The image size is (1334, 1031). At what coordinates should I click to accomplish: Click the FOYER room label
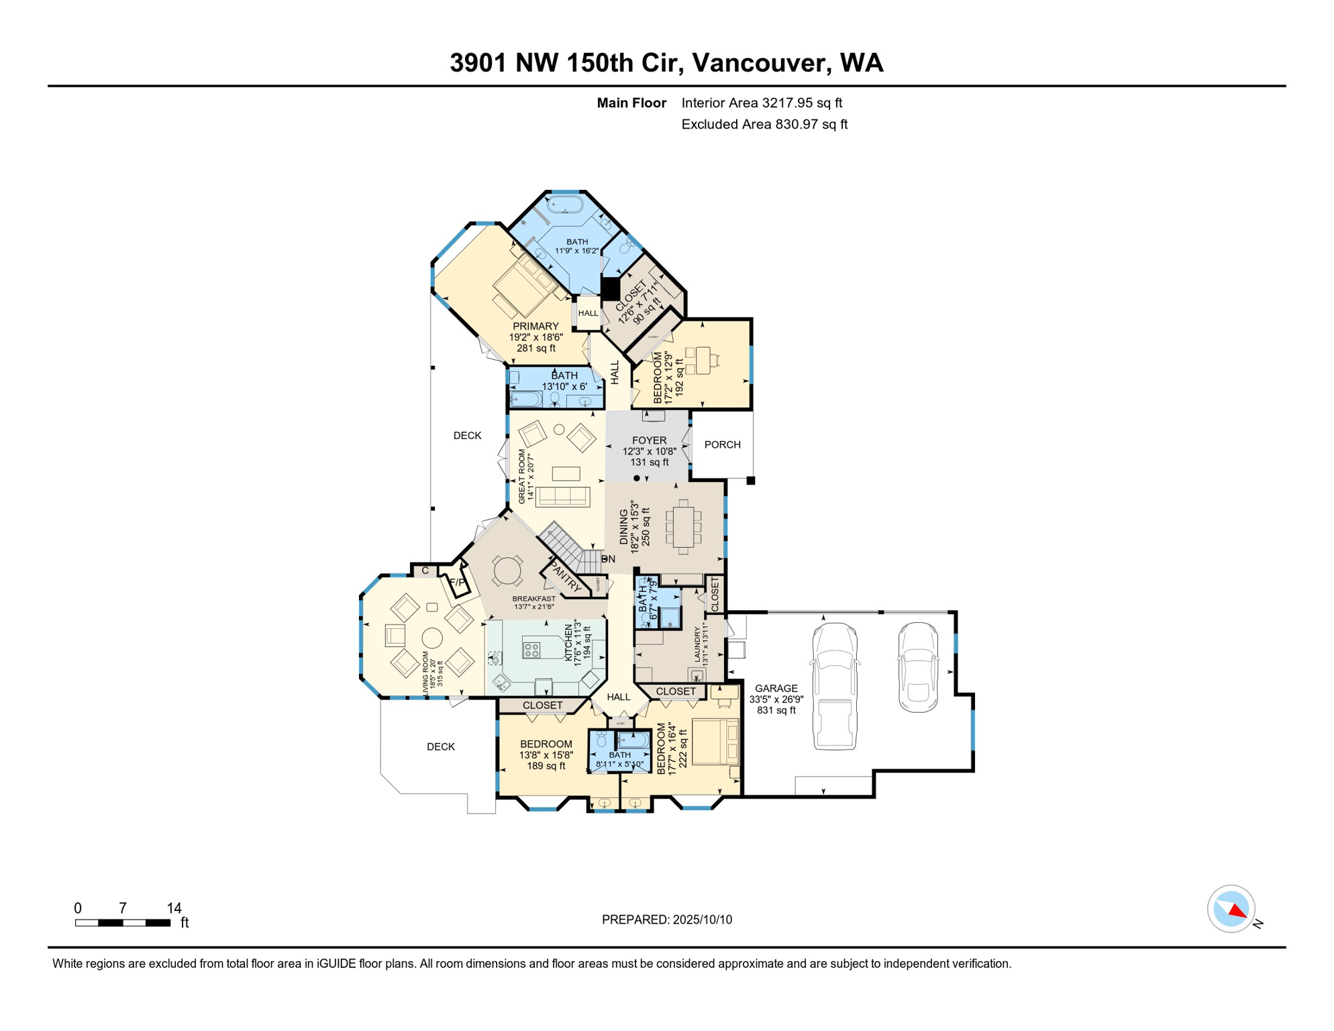pos(649,441)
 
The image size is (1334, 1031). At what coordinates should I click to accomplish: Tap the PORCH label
pos(723,445)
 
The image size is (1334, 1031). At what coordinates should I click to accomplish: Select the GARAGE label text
pos(776,689)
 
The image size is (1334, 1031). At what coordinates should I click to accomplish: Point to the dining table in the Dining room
pos(683,527)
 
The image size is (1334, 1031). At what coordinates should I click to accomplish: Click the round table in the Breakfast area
pos(507,571)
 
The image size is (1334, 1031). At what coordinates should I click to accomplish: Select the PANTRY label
pos(565,576)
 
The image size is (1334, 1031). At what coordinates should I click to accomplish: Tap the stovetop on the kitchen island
pos(531,650)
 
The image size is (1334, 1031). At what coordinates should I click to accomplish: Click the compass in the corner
pos(1231,909)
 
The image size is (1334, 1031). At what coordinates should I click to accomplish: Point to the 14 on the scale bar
pos(174,908)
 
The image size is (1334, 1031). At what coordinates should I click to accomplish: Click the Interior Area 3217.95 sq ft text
pos(761,103)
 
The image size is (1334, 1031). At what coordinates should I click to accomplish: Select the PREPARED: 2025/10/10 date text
pos(666,920)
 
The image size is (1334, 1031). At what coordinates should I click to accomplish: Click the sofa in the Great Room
pos(562,496)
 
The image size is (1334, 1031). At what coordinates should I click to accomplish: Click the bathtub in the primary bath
pos(565,203)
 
